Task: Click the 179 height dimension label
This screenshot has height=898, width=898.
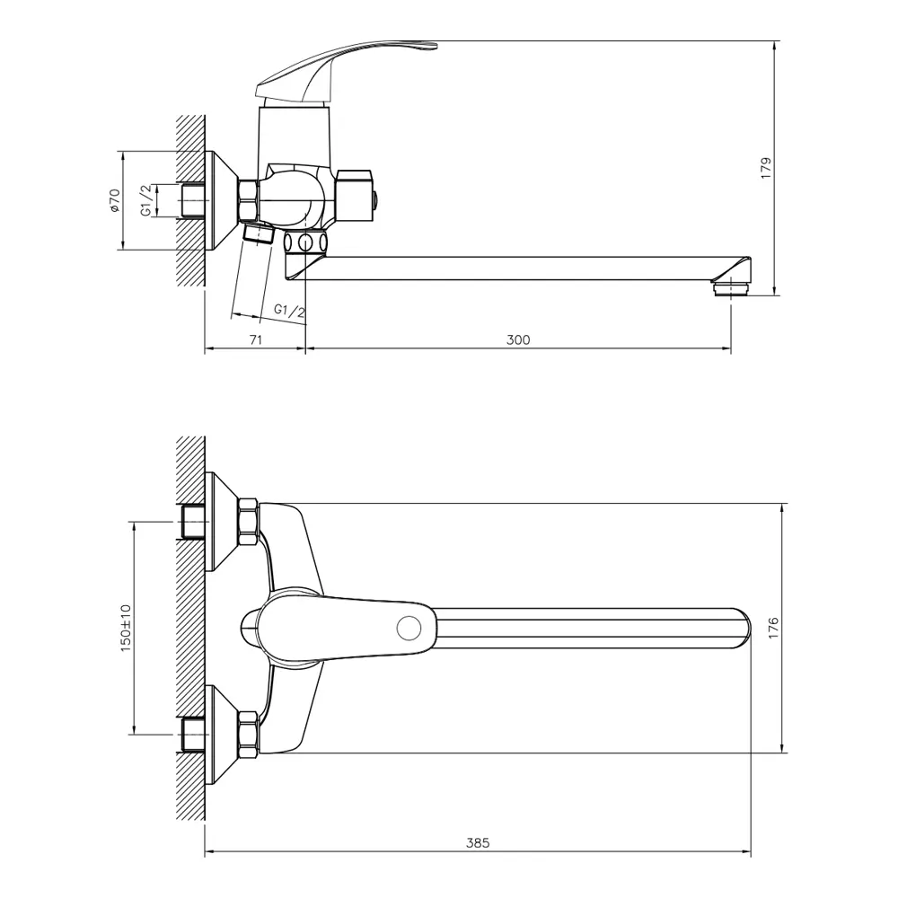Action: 766,169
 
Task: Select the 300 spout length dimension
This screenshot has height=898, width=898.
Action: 518,339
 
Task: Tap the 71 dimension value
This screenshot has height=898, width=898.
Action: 256,339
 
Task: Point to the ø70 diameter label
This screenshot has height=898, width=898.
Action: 115,200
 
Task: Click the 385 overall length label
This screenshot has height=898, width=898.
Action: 478,842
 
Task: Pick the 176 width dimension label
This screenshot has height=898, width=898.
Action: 774,629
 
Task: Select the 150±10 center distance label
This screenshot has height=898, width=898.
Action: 126,627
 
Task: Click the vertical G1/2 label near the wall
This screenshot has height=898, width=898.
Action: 146,200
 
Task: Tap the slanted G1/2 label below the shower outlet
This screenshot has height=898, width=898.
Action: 289,312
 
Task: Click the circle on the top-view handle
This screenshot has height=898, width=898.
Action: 409,629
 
